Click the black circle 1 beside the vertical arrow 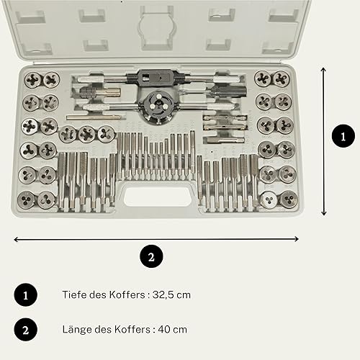click(x=343, y=136)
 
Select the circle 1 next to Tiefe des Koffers click(x=26, y=294)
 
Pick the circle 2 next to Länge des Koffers click(x=26, y=330)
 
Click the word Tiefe click(x=74, y=294)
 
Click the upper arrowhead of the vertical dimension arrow click(x=323, y=70)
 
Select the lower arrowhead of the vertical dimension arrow click(x=324, y=213)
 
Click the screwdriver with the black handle click(x=214, y=91)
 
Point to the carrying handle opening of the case click(x=158, y=197)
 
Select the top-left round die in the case click(x=33, y=80)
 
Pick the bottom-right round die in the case click(x=289, y=199)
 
